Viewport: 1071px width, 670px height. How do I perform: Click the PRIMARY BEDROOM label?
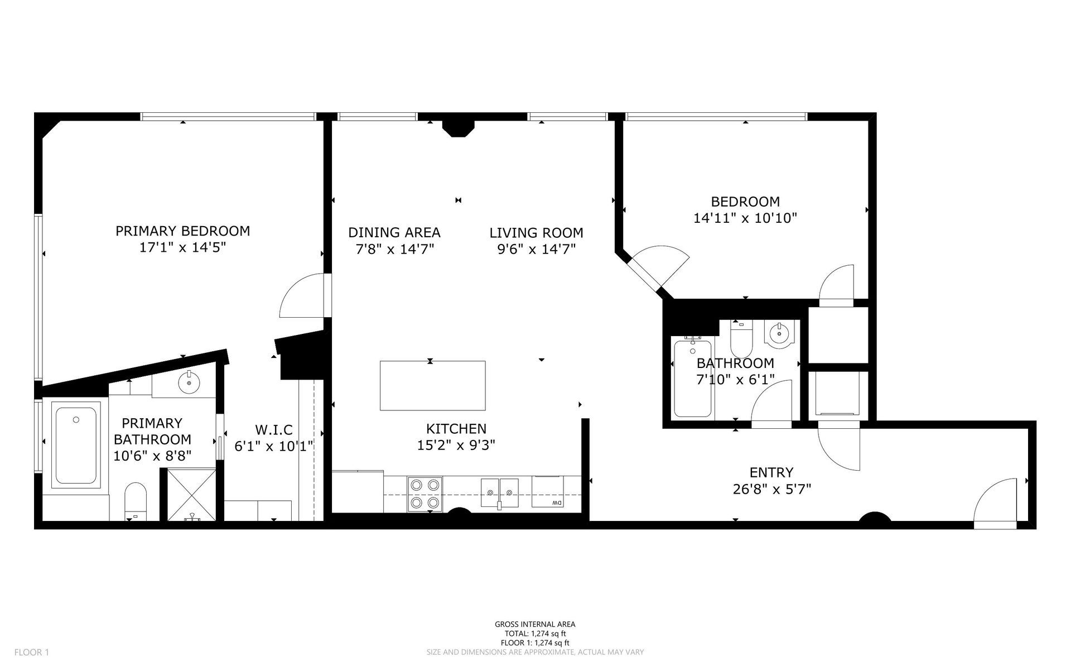point(182,231)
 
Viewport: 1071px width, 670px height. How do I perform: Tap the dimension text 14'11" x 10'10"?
point(745,218)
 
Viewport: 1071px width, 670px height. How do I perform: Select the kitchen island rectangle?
point(432,386)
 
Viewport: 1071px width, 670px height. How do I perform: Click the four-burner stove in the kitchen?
point(424,494)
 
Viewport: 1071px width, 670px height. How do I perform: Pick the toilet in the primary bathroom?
point(136,500)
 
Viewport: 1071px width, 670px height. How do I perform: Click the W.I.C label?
point(273,430)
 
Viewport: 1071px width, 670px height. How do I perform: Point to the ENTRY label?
point(771,473)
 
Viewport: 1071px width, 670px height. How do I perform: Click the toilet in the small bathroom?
point(741,341)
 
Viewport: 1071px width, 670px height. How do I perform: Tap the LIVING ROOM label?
point(536,233)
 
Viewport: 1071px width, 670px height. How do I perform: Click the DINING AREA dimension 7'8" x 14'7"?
point(394,249)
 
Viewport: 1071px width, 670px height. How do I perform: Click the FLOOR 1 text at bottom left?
point(32,652)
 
